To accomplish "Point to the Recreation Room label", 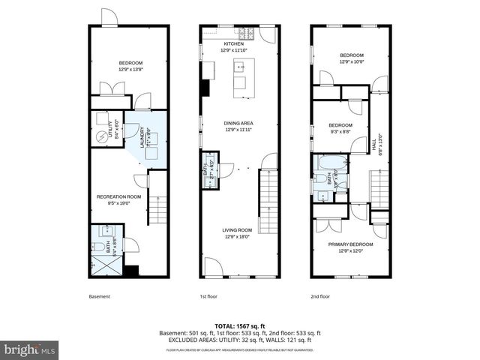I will (x=119, y=197).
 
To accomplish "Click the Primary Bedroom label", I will (x=352, y=244).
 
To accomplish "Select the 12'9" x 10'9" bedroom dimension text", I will (x=352, y=61).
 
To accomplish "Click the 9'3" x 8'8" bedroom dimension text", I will (x=340, y=131).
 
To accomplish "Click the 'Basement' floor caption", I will (x=100, y=296).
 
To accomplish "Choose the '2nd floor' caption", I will (x=320, y=296).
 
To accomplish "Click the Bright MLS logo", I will (x=30, y=350).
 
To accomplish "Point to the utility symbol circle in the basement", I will (x=103, y=137).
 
